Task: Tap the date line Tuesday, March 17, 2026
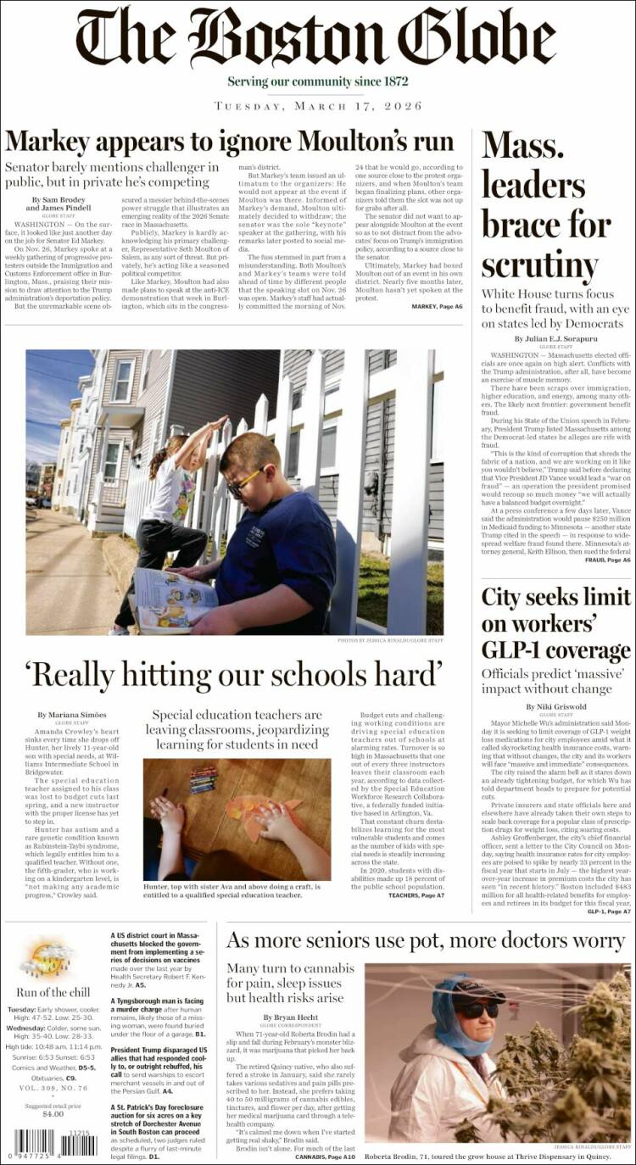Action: [317, 106]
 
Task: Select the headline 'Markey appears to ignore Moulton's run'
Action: [229, 140]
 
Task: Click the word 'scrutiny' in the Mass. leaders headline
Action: [540, 265]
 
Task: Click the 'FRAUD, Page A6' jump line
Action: [609, 560]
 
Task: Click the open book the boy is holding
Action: [175, 599]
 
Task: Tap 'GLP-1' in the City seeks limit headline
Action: [514, 650]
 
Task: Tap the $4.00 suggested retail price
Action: [53, 1113]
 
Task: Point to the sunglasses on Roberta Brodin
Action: [477, 1009]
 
